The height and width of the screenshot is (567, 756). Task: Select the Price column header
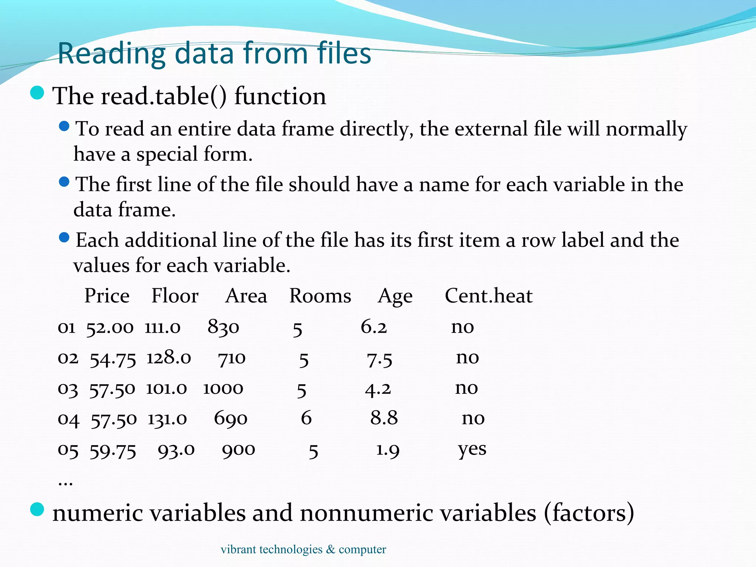[107, 296]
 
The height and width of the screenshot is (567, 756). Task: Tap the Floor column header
[175, 296]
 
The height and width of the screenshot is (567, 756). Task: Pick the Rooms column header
[320, 296]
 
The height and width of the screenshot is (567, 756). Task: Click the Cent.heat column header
[488, 296]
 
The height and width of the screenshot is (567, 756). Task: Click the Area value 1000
[223, 388]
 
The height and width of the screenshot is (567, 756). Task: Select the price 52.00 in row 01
[110, 327]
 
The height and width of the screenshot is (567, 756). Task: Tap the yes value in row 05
[472, 449]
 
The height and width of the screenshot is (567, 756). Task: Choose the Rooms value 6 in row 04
[306, 418]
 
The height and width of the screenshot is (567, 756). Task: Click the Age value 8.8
[384, 418]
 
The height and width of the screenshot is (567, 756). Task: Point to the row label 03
[68, 389]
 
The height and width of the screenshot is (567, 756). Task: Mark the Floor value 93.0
[176, 450]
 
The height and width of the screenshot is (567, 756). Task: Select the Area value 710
[232, 358]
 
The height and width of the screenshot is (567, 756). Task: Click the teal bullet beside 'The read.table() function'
[37, 93]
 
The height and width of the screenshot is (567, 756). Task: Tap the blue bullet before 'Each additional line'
[64, 237]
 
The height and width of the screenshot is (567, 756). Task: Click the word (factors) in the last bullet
[589, 513]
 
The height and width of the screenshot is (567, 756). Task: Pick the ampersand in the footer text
[330, 549]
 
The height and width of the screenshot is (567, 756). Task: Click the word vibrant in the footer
[238, 549]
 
